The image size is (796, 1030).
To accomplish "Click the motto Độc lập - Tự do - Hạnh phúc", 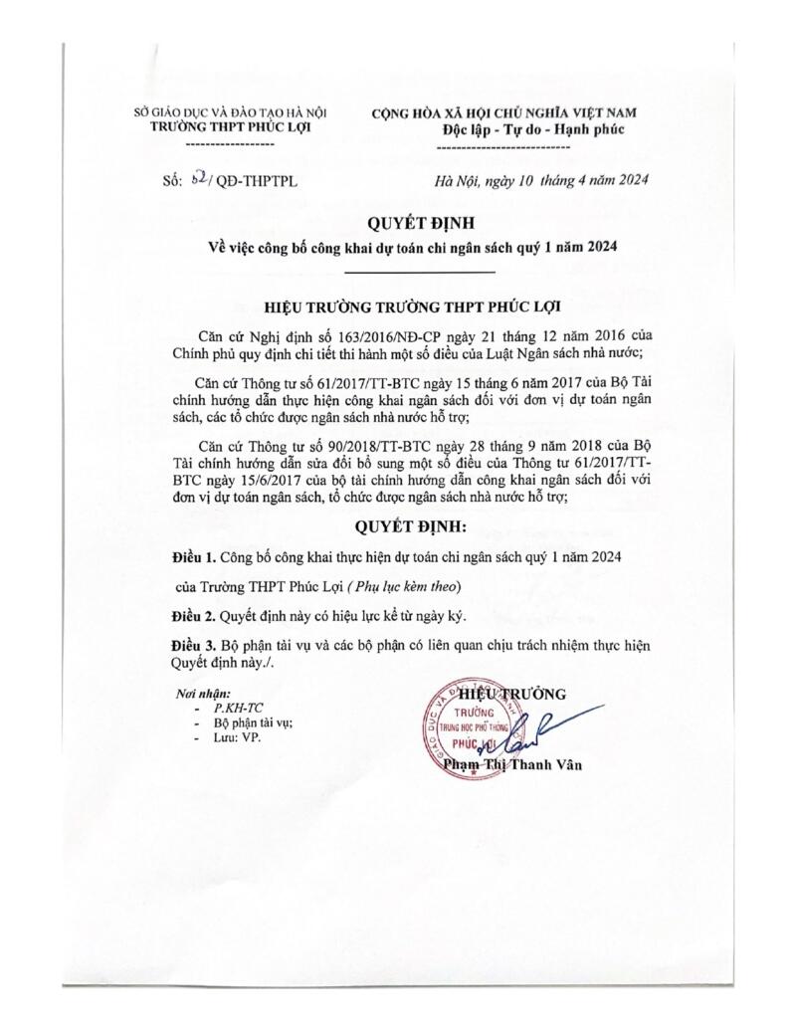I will pos(519,130).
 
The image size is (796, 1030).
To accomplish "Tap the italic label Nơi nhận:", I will pos(199,693).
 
